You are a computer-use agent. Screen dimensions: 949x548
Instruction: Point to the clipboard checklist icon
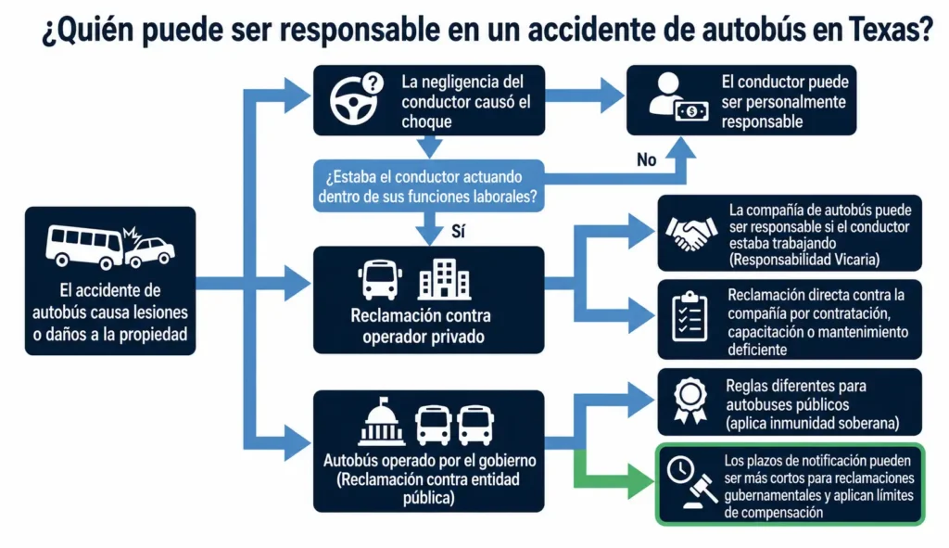pyautogui.click(x=690, y=316)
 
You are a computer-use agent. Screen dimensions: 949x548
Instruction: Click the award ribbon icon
pyautogui.click(x=690, y=401)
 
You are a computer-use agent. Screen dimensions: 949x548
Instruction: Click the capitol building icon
pyautogui.click(x=381, y=421)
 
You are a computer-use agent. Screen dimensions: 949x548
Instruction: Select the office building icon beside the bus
pyautogui.click(x=444, y=279)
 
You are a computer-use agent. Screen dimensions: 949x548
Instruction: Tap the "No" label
pyautogui.click(x=646, y=159)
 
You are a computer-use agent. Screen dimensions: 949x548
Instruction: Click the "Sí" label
pyautogui.click(x=458, y=231)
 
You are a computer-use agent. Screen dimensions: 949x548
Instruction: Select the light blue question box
pyautogui.click(x=428, y=185)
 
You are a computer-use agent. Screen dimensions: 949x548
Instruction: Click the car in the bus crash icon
pyautogui.click(x=150, y=249)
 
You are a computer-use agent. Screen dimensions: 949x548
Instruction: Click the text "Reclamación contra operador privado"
pyautogui.click(x=422, y=325)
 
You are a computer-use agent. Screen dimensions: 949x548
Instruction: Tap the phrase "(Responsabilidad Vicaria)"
pyautogui.click(x=804, y=260)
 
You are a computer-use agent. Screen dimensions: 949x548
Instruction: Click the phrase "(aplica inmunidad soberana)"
pyautogui.click(x=812, y=423)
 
